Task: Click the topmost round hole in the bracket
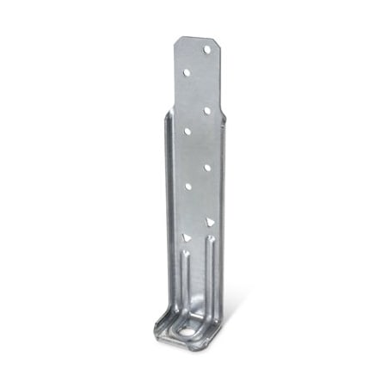(x=206, y=49)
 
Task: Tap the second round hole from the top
(x=186, y=72)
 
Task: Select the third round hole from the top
(x=207, y=110)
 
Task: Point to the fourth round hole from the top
(x=187, y=132)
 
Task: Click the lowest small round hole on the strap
(x=187, y=186)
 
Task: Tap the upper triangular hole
(x=209, y=221)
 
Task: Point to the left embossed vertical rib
(x=183, y=279)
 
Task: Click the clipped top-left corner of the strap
(x=176, y=40)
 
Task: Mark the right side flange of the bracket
(x=224, y=215)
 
